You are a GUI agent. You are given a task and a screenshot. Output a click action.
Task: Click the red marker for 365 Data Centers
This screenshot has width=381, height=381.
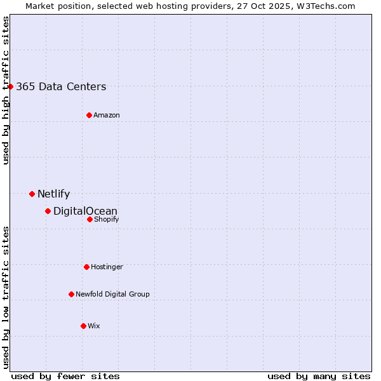point(11,86)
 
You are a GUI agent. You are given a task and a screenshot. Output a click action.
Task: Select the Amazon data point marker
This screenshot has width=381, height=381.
point(89,115)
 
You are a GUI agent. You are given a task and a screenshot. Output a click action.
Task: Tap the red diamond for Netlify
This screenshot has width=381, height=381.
point(32,194)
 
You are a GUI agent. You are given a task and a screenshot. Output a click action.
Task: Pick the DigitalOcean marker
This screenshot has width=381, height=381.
point(48,211)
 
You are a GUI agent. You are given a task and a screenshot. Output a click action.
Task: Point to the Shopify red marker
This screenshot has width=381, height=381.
point(90,219)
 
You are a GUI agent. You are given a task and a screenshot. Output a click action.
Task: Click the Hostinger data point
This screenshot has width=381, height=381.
point(86,267)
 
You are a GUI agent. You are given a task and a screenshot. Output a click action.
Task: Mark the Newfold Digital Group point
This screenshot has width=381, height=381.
point(71,294)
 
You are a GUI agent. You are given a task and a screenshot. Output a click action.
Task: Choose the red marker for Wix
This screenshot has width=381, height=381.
point(83,326)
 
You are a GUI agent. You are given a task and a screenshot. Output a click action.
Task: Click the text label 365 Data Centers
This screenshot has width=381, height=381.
point(61,87)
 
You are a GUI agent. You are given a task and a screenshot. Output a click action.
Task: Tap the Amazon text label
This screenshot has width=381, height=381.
point(107,116)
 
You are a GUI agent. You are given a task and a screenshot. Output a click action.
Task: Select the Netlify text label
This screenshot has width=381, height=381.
point(53,194)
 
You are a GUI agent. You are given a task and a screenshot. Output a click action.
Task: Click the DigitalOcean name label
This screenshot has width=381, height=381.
point(85,211)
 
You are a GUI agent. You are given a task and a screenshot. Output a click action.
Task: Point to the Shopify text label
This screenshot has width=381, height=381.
point(106,220)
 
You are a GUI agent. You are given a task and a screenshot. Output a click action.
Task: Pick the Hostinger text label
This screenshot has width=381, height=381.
point(107,267)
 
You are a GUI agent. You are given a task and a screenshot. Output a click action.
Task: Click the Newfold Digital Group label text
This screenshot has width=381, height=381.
point(112,295)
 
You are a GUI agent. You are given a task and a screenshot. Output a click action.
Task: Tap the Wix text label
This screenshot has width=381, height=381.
point(94,326)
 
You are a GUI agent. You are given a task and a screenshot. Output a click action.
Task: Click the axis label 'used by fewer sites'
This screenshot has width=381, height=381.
point(65,377)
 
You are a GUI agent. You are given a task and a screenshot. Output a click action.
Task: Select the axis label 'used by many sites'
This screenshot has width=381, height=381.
point(319,377)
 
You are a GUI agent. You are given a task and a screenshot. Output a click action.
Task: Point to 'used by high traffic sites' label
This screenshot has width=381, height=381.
point(6,90)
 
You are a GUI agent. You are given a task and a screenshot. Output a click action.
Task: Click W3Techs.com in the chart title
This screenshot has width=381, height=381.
point(327,6)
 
